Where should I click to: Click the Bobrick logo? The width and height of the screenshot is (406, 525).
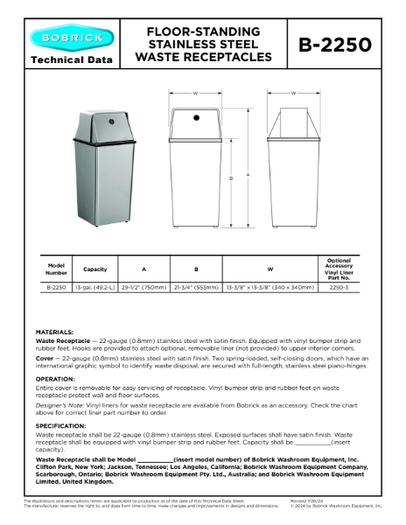(x=71, y=38)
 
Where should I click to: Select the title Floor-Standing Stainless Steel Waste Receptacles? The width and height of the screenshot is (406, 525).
(x=203, y=45)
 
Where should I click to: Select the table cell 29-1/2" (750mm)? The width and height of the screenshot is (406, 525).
(x=143, y=286)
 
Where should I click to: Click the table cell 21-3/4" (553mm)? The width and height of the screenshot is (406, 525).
(x=195, y=286)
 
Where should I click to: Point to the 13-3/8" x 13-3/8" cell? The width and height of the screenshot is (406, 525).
(x=269, y=286)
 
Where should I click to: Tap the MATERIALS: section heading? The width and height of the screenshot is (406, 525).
(x=54, y=332)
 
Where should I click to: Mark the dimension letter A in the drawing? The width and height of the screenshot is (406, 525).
(x=248, y=174)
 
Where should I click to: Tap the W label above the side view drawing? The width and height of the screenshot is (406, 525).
(x=293, y=92)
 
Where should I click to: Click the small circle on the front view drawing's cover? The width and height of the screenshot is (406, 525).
(x=196, y=115)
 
